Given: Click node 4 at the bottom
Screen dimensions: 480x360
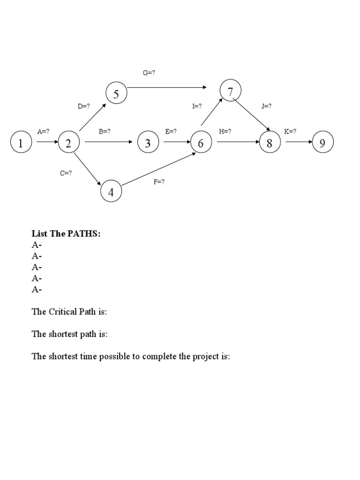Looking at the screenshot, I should pyautogui.click(x=111, y=191).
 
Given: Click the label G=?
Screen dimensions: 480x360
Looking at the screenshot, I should pyautogui.click(x=149, y=73).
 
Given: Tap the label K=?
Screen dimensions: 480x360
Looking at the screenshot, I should pyautogui.click(x=291, y=132).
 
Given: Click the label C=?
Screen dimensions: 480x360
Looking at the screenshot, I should pyautogui.click(x=66, y=173).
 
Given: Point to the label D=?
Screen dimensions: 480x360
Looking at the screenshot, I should pyautogui.click(x=84, y=106).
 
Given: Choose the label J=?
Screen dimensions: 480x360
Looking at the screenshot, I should pyautogui.click(x=267, y=106).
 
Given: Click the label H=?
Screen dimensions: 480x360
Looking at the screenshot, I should pyautogui.click(x=225, y=132).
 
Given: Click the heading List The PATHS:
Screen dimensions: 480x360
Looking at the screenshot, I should pyautogui.click(x=66, y=233).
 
